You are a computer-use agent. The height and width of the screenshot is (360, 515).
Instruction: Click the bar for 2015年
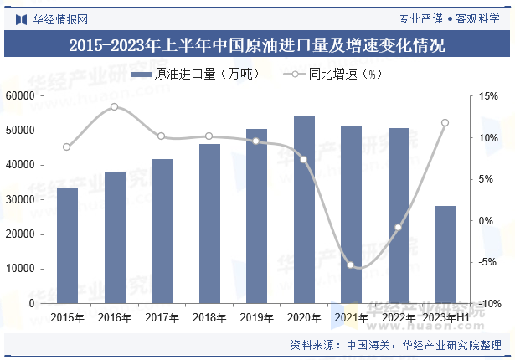67,244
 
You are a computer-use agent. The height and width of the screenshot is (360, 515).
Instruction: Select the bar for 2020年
304,209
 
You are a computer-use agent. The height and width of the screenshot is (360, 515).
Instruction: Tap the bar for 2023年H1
445,255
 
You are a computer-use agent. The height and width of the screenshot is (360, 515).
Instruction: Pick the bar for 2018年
209,223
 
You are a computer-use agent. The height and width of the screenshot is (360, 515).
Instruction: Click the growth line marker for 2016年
115,107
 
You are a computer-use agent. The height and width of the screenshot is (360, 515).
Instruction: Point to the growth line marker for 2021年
352,266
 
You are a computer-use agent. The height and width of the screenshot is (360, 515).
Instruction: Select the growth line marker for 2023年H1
445,123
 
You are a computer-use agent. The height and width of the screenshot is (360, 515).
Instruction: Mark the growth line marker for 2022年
399,228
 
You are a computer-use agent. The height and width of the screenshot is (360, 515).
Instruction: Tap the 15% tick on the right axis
487,96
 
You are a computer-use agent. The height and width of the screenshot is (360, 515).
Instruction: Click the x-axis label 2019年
256,317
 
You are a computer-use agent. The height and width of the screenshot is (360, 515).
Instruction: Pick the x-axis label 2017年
162,317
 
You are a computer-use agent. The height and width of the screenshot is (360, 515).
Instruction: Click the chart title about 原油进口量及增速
257,44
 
